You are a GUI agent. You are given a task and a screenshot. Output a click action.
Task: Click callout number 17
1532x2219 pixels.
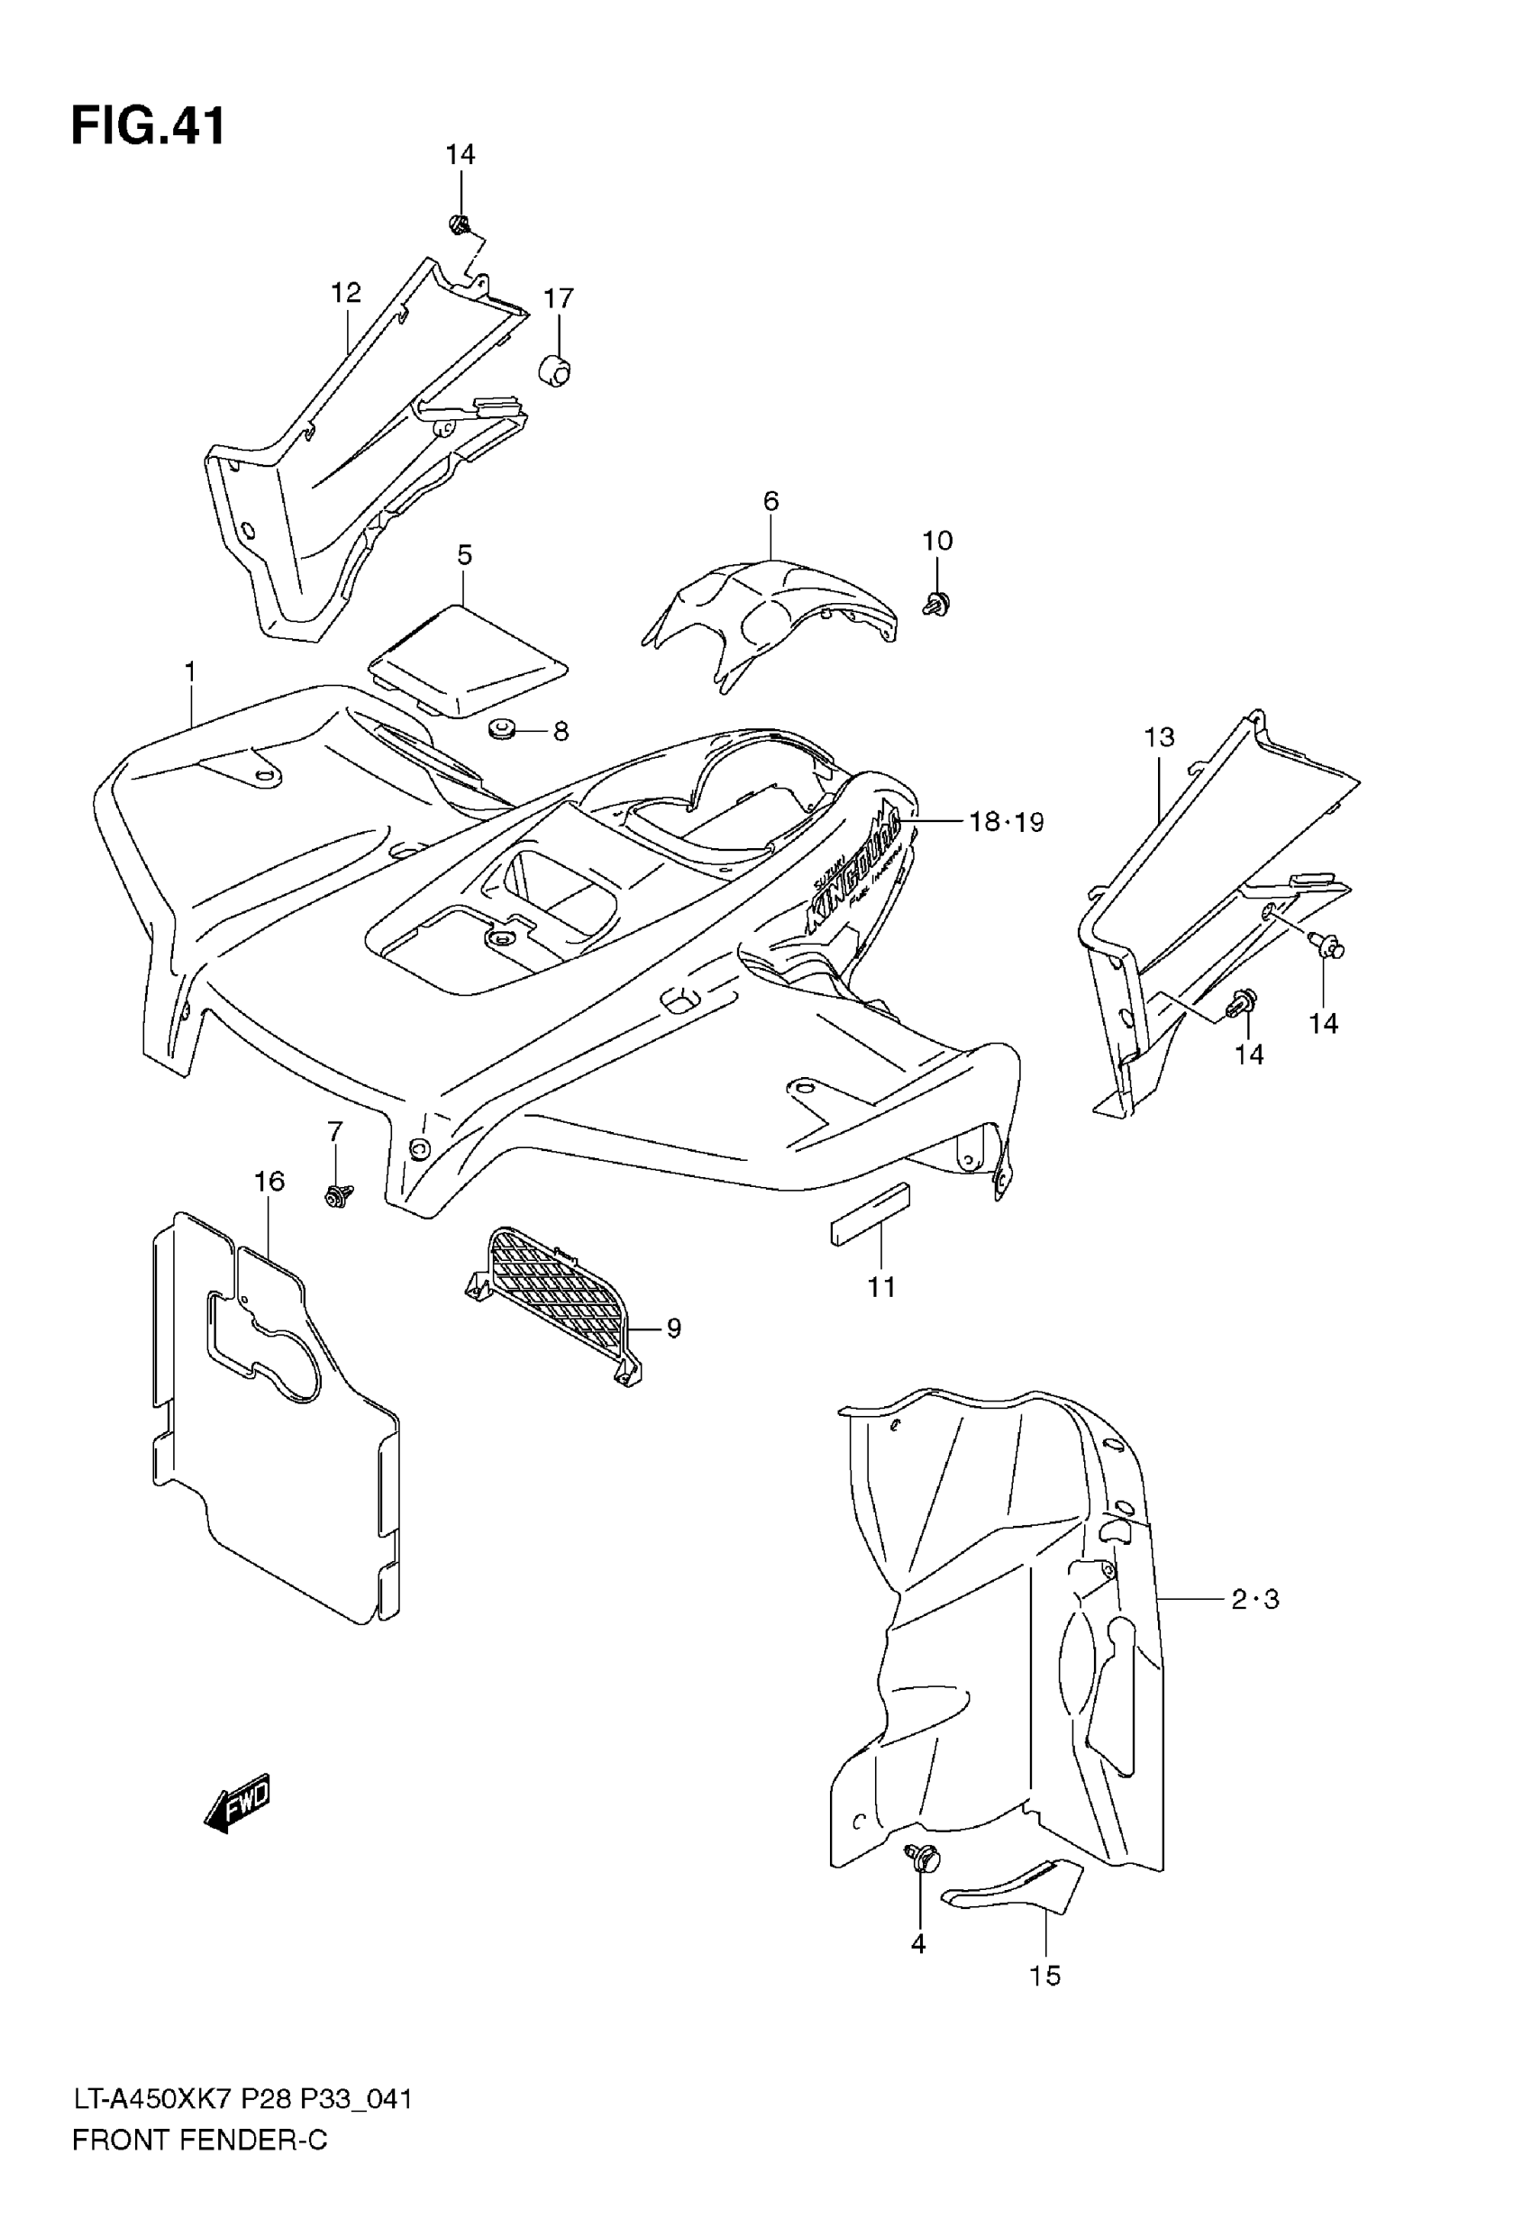(559, 298)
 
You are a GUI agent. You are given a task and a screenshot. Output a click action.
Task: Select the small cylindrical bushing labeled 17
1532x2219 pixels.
(554, 370)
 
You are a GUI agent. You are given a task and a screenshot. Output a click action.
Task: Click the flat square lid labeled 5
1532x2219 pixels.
(467, 661)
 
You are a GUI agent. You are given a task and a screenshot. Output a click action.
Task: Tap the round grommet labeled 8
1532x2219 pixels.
(501, 730)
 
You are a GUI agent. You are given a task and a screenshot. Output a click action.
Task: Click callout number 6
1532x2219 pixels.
(771, 501)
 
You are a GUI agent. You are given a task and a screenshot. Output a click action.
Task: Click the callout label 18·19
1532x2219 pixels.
(1006, 822)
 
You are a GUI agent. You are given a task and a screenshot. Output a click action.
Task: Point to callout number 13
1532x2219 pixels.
(1160, 737)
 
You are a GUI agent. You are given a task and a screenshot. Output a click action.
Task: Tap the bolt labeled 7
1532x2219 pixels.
(337, 1195)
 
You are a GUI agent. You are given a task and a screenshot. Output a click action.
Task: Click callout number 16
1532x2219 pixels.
(269, 1182)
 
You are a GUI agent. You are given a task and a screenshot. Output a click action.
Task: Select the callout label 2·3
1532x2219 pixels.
(1254, 1599)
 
